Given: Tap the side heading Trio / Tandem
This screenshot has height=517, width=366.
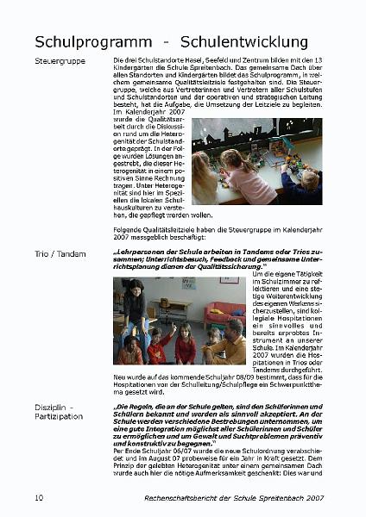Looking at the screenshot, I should [x=61, y=253].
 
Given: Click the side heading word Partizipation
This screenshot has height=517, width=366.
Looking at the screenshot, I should [x=60, y=417].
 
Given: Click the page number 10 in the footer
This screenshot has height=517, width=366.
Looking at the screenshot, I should [x=40, y=498].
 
